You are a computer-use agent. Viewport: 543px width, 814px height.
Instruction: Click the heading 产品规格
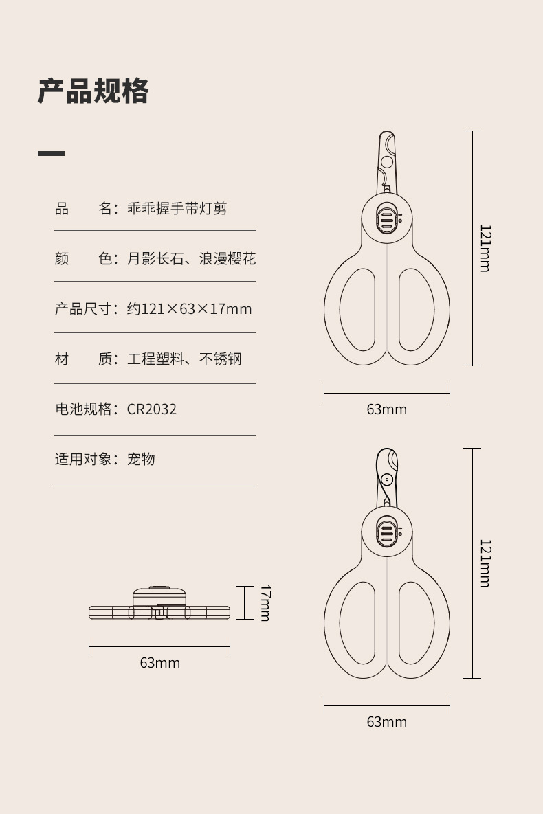click(93, 91)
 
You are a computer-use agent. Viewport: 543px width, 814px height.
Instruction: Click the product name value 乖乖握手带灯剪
click(177, 208)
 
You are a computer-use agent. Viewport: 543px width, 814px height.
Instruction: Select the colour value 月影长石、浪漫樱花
click(191, 259)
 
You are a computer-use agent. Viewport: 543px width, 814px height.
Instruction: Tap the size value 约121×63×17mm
click(189, 309)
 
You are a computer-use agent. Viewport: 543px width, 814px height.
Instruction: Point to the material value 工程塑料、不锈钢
click(184, 359)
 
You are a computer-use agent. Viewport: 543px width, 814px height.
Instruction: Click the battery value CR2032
click(152, 409)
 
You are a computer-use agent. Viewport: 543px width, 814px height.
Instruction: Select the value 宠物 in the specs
click(141, 460)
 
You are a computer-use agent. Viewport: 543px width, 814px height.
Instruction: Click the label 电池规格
click(83, 409)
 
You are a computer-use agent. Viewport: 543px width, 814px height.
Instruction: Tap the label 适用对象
click(83, 460)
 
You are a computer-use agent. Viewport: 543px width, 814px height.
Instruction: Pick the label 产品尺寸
click(83, 309)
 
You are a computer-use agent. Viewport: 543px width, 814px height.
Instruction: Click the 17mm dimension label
click(265, 602)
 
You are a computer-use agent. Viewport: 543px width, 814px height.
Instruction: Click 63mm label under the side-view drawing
click(159, 663)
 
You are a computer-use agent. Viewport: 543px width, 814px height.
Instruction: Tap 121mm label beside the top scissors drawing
click(485, 248)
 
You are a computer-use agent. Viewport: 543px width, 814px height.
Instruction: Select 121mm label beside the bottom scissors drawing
click(485, 563)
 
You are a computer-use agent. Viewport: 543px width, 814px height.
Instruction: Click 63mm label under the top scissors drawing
click(386, 410)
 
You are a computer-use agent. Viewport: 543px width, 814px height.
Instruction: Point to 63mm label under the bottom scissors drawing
click(386, 722)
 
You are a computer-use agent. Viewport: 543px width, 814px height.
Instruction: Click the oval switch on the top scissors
click(386, 218)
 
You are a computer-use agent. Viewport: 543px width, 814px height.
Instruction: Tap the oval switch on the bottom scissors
click(386, 533)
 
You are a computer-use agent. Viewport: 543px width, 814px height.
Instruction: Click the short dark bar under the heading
click(51, 153)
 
